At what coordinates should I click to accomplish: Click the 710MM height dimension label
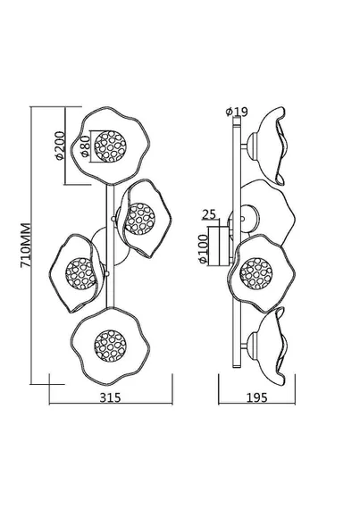(x=26, y=245)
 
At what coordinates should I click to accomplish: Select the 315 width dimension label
(x=110, y=397)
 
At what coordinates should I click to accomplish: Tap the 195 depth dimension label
(x=256, y=397)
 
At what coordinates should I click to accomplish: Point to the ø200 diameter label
(x=59, y=146)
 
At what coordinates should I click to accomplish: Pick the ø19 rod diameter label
(x=237, y=112)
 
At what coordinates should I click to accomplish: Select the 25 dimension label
(x=209, y=214)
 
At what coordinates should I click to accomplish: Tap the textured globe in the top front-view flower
(x=110, y=146)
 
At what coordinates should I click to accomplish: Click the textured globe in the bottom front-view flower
(x=110, y=346)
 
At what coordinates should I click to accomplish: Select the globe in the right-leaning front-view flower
(x=140, y=219)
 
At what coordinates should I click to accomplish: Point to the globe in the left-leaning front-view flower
(x=80, y=273)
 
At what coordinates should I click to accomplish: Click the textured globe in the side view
(x=256, y=273)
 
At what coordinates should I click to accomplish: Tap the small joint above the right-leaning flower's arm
(x=113, y=219)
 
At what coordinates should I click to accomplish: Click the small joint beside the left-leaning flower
(x=107, y=273)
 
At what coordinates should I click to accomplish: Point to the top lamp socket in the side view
(x=253, y=146)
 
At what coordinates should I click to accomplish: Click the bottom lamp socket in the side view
(x=253, y=346)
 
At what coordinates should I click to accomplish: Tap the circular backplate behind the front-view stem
(x=110, y=246)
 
